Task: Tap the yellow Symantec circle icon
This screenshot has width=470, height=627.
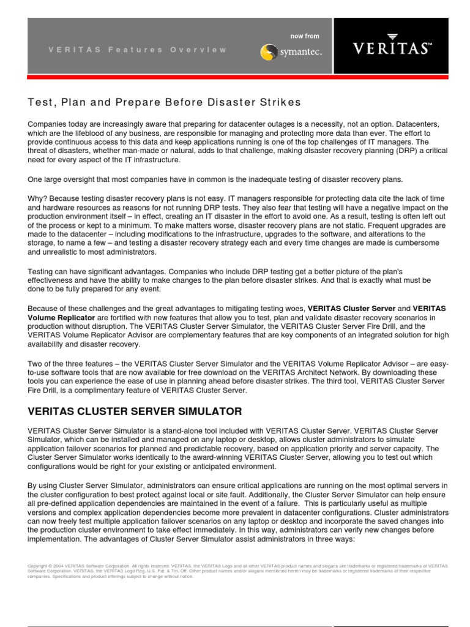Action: (x=267, y=52)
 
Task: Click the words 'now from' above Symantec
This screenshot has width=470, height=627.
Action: (x=305, y=36)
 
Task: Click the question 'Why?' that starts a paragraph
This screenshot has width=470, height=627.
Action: (x=37, y=198)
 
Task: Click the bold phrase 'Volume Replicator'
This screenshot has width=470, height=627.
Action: (x=61, y=318)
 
